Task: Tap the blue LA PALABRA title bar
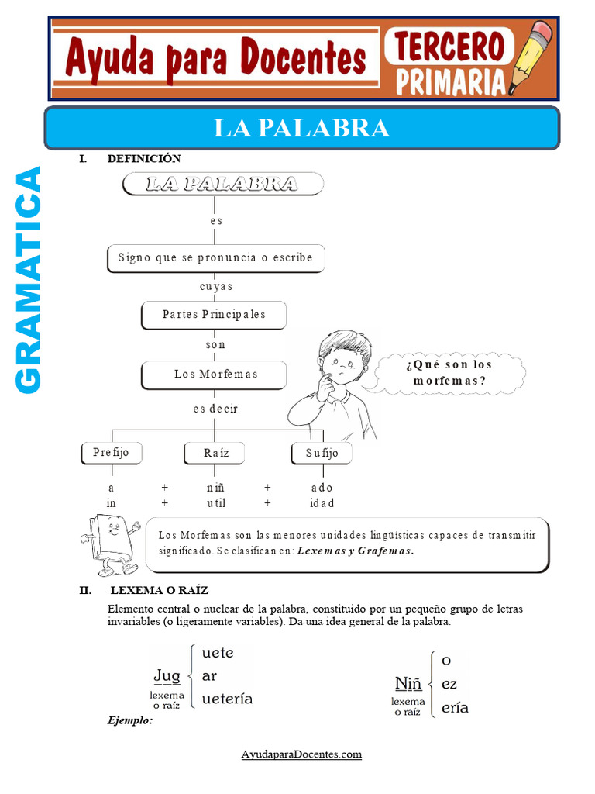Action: [x=301, y=128]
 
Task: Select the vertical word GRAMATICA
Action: [x=29, y=279]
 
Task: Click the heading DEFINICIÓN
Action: [x=144, y=159]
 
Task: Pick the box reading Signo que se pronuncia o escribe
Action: [x=215, y=257]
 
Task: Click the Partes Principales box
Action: [x=214, y=315]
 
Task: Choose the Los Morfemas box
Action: [x=215, y=375]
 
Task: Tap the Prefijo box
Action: [x=112, y=453]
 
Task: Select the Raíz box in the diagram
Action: [x=215, y=453]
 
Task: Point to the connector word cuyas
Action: [x=215, y=286]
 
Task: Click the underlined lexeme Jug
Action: [x=167, y=676]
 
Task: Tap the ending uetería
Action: [x=227, y=699]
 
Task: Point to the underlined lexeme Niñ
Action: [x=408, y=683]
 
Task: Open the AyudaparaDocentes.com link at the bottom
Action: [x=301, y=754]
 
